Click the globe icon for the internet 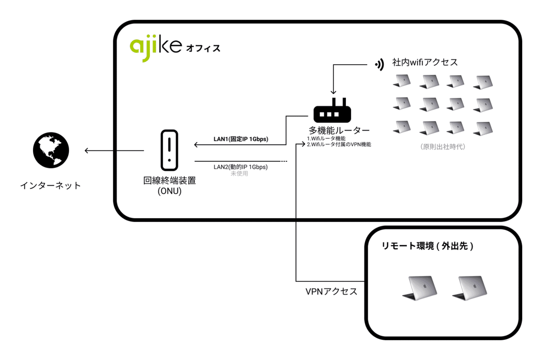click(x=51, y=150)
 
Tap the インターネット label click(x=51, y=185)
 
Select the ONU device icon click(x=169, y=147)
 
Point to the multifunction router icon click(x=332, y=111)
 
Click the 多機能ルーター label click(x=339, y=130)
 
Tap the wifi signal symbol click(x=378, y=65)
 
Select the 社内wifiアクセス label click(x=425, y=62)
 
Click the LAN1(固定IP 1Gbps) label click(x=241, y=139)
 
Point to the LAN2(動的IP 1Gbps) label click(x=240, y=167)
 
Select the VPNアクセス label click(x=331, y=291)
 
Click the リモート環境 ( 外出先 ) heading click(x=427, y=247)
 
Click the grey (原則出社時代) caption click(x=442, y=147)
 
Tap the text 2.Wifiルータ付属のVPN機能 click(x=339, y=145)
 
